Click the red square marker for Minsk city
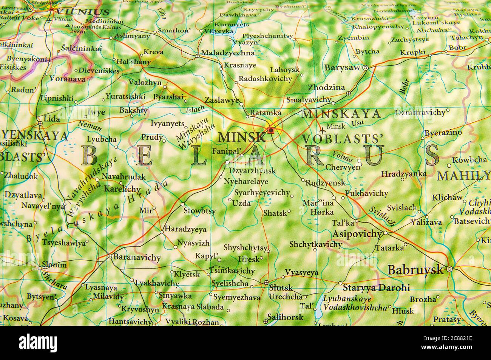click(270, 130)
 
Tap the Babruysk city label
click(415, 270)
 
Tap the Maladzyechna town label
click(228, 53)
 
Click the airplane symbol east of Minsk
click(322, 131)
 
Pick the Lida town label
click(52, 119)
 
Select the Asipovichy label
click(357, 234)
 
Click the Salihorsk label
click(286, 317)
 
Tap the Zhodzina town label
click(326, 87)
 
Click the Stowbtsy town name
click(199, 211)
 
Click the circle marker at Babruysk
click(449, 269)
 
